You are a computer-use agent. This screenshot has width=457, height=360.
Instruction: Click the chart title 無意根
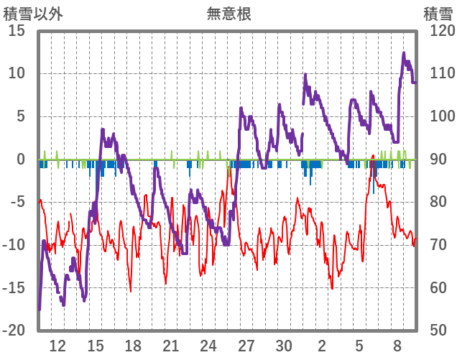228,14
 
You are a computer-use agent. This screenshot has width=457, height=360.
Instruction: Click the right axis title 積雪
437,14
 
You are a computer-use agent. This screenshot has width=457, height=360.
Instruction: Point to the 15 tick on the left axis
17,31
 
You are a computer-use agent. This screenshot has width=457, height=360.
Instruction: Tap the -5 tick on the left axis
17,202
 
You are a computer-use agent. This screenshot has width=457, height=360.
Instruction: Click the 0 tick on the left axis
21,160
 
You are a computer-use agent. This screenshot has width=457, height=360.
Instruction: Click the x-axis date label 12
57,345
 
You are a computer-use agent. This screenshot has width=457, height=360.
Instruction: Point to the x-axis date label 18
133,345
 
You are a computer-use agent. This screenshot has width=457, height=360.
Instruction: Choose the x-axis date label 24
208,345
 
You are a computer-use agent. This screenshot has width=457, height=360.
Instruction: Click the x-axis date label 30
284,345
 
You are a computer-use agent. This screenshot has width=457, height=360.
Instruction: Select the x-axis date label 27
246,345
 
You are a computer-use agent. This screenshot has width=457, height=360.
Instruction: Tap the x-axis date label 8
397,345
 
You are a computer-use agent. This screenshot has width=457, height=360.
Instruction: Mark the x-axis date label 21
171,345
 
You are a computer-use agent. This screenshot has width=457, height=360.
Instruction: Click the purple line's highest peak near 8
404,53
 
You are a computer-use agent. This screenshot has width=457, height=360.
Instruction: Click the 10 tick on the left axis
17,73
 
